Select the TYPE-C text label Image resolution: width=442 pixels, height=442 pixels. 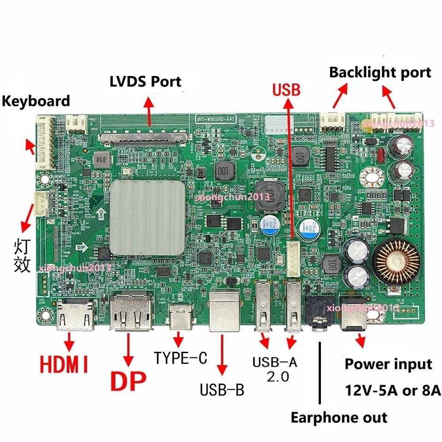coord(181,358)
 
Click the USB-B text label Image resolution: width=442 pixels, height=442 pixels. coord(222,390)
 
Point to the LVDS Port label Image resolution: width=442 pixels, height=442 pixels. coord(145,82)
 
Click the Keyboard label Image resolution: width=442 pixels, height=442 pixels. coord(36,101)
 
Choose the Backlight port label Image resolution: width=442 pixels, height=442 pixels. coord(380,72)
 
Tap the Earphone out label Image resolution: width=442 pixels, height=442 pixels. coord(339,418)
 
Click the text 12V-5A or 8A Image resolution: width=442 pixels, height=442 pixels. coord(393,391)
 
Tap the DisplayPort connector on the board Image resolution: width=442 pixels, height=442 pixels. coord(131,313)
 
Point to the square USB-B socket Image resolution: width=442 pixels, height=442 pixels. coord(224,311)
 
